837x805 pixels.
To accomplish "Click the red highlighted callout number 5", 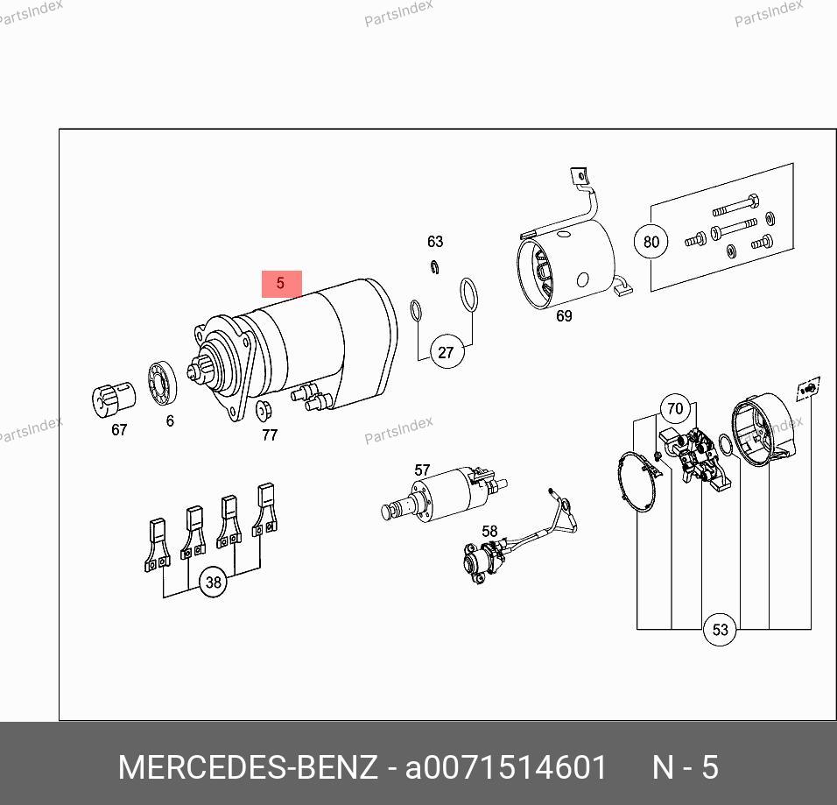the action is coord(281,284).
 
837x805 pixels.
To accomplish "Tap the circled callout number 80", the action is coord(651,242).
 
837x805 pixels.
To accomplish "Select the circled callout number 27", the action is coord(446,352).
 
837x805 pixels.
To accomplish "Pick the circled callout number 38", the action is coord(213,582).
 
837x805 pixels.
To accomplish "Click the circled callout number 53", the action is coord(720,629).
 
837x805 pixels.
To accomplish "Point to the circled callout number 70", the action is coord(675,409).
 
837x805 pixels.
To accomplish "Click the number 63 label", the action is coord(435,242).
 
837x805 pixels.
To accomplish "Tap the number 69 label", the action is coord(564,315).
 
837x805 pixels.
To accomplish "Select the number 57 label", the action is coord(422,470).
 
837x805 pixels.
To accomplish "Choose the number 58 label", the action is coord(489,531).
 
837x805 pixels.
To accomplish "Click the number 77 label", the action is coord(270,434).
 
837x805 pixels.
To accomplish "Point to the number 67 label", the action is coord(119,429).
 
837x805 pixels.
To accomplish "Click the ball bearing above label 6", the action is coord(162,383).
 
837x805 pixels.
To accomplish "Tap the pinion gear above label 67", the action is coord(114,399).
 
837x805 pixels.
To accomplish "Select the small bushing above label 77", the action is coord(264,410).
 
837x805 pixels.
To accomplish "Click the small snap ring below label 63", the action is coord(434,266).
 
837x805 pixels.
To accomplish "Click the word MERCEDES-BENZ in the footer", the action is coord(248,767).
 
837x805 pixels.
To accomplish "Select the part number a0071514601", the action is coord(505,767).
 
